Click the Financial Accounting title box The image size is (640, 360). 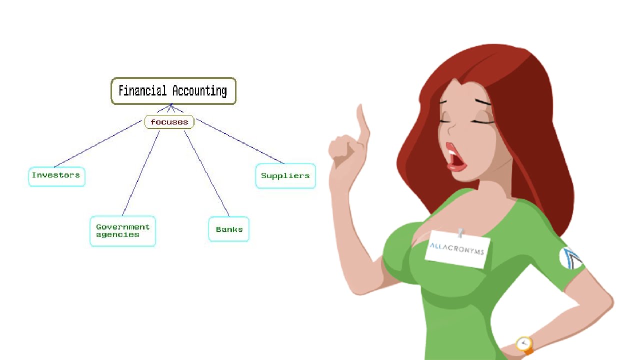[x=173, y=91]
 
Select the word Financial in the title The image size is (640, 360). [x=142, y=91]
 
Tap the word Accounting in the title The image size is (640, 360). [x=199, y=91]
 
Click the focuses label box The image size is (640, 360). [x=169, y=122]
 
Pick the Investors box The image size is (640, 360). [x=56, y=176]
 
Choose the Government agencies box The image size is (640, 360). [x=122, y=231]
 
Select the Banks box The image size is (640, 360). [x=229, y=229]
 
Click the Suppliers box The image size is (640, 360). [x=285, y=176]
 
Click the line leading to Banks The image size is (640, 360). [x=206, y=173]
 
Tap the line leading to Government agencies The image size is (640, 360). [x=141, y=173]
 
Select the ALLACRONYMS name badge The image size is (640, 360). [x=457, y=249]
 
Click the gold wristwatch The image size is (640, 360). [x=524, y=343]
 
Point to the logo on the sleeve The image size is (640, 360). [x=570, y=257]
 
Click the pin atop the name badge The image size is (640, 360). [x=460, y=232]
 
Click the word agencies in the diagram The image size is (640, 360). [x=117, y=234]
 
